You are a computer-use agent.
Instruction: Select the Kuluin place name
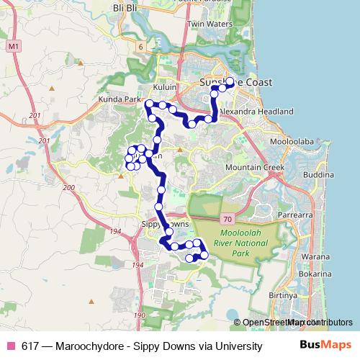(164, 84)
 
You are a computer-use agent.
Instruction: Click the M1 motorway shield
(14, 46)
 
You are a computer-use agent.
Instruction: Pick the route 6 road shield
(142, 46)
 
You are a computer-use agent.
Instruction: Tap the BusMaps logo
(320, 346)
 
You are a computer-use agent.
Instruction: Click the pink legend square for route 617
(11, 346)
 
